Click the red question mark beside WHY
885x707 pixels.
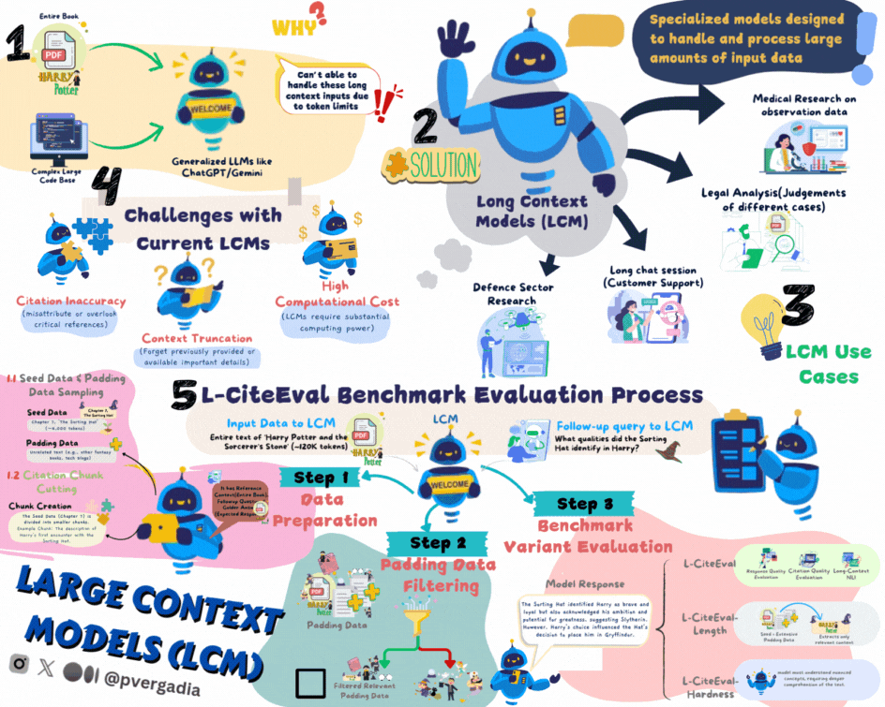pyautogui.click(x=318, y=13)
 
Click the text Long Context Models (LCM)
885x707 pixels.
pyautogui.click(x=532, y=211)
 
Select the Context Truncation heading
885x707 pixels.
pyautogui.click(x=197, y=338)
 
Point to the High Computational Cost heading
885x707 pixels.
pyautogui.click(x=337, y=293)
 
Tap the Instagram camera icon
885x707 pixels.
pyautogui.click(x=18, y=663)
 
